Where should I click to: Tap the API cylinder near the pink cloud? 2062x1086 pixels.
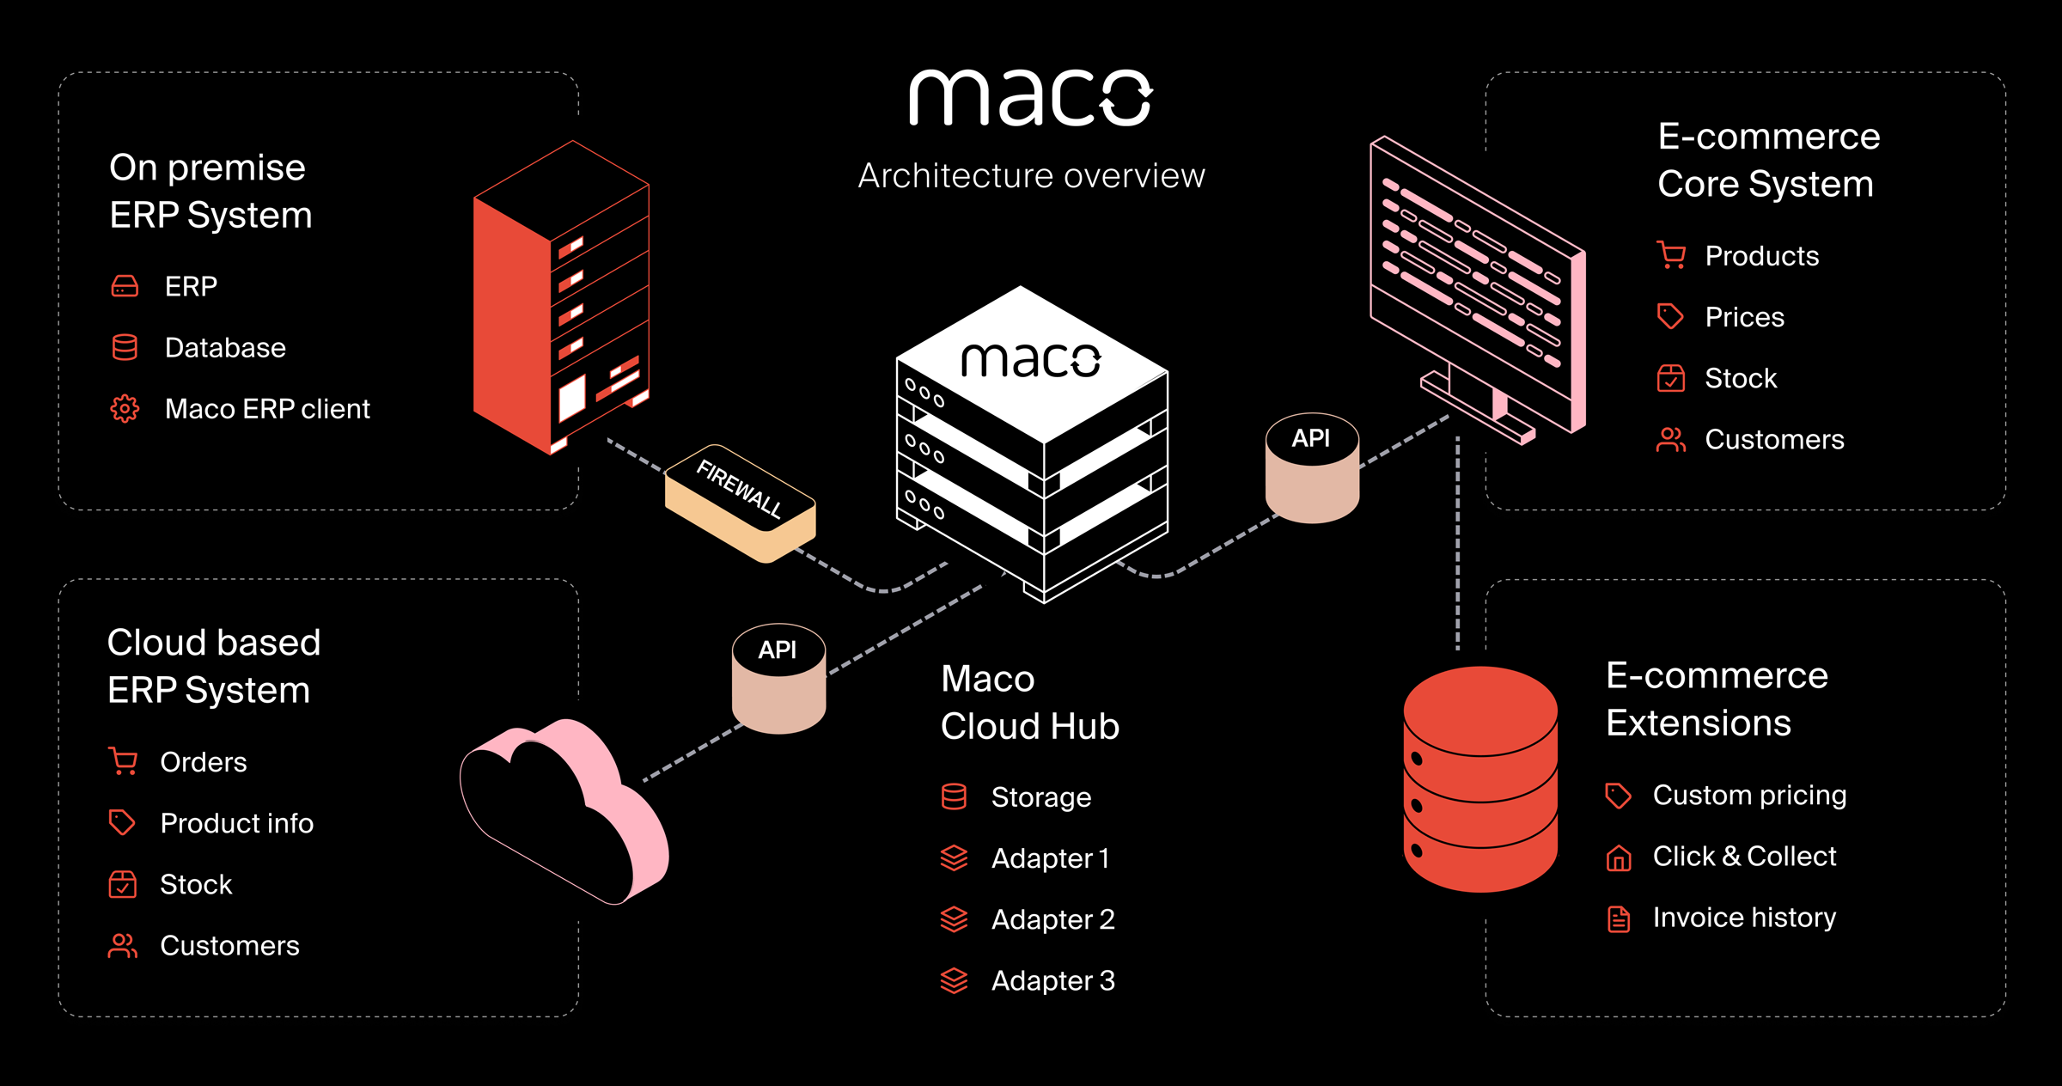click(x=778, y=679)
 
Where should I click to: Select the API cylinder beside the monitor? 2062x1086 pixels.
click(x=1312, y=468)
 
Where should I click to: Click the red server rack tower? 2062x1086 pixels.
click(x=560, y=296)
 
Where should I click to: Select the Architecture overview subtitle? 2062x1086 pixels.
click(x=1031, y=176)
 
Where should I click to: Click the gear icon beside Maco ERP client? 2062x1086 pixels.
click(x=125, y=409)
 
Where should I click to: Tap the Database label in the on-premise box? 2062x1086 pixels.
click(x=225, y=348)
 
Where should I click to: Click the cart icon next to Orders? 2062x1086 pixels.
click(x=123, y=762)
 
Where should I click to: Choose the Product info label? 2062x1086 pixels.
click(x=236, y=823)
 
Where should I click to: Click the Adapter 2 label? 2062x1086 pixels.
click(x=1052, y=919)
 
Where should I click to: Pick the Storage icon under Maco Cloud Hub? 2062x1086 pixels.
click(x=954, y=797)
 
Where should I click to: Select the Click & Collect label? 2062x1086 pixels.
click(x=1744, y=857)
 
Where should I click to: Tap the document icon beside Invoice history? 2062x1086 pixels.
click(x=1619, y=918)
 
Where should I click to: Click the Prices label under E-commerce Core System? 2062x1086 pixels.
click(x=1744, y=317)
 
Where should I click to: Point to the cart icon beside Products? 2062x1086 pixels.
click(x=1671, y=256)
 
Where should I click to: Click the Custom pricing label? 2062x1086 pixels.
click(x=1749, y=796)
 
